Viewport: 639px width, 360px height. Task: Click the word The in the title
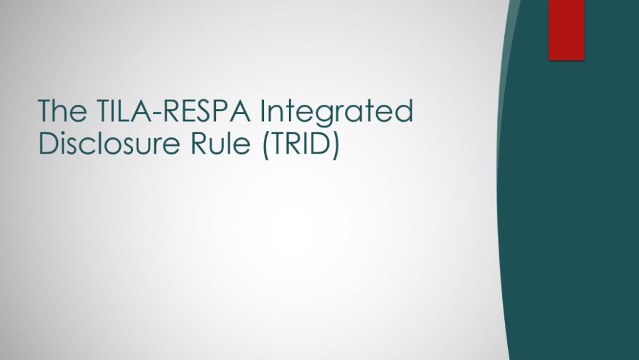coord(62,110)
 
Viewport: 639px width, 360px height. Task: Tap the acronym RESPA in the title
coord(207,110)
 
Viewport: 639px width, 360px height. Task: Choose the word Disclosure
coord(109,143)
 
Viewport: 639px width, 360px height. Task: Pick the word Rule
coord(220,143)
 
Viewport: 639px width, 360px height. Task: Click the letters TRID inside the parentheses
coord(300,143)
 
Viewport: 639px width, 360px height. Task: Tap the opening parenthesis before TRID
coord(266,145)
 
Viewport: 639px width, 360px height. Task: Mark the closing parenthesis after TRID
coord(335,145)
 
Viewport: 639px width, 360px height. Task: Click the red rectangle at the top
coord(567,30)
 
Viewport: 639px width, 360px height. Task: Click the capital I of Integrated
coord(262,110)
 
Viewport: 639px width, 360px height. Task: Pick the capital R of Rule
coord(199,144)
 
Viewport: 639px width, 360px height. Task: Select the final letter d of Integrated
coord(404,110)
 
